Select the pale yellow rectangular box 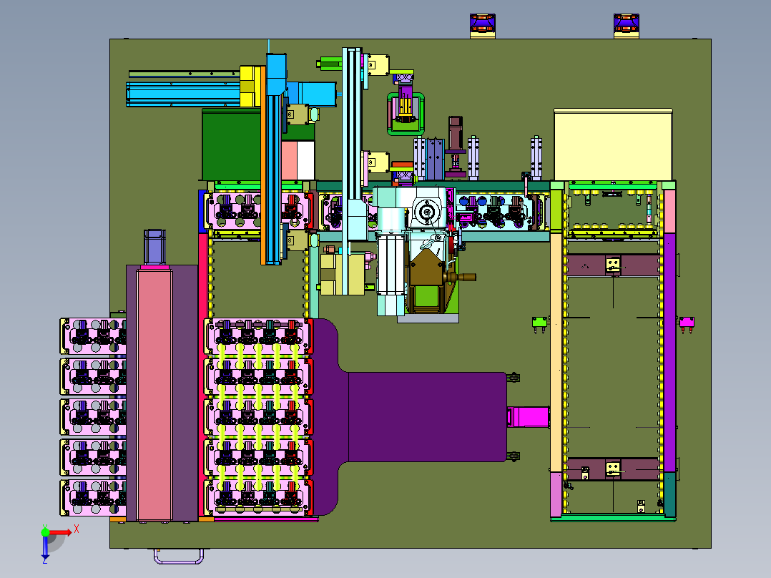click(613, 144)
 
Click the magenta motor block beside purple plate click(528, 417)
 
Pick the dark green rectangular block click(229, 143)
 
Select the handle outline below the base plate click(177, 556)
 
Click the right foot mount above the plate click(627, 25)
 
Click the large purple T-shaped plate click(415, 415)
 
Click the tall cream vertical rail click(556, 351)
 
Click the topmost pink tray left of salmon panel click(93, 336)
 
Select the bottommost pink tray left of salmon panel click(93, 496)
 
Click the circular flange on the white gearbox click(427, 212)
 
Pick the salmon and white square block click(298, 160)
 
